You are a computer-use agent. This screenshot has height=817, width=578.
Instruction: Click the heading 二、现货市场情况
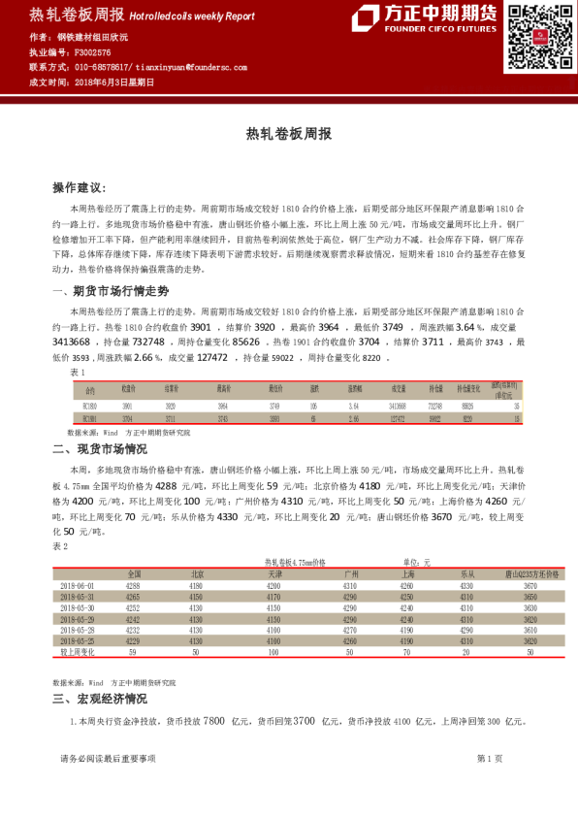[x=100, y=449]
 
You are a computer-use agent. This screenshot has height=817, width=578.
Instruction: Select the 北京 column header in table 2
[x=197, y=574]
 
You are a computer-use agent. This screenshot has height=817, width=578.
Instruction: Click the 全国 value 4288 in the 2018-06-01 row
[x=133, y=586]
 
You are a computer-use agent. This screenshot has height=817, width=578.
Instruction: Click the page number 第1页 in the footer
[x=489, y=758]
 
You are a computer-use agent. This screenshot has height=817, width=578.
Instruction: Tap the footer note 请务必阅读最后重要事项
[x=108, y=758]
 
